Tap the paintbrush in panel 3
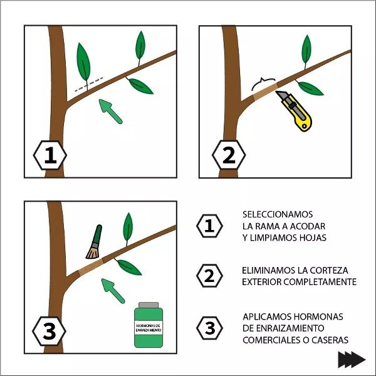point(94,242)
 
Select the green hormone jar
point(149,325)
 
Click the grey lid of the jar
point(149,305)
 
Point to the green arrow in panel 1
point(110,112)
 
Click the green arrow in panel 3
point(113,291)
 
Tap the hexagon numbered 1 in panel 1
point(50,155)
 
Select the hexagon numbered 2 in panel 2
point(229,155)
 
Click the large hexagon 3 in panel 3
point(49,331)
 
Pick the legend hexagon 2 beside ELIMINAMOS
point(209,276)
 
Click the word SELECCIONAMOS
point(278,214)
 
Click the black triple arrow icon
point(352,360)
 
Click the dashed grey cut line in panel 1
point(89,84)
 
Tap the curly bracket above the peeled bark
point(263,83)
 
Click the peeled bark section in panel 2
point(266,91)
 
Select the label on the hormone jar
point(149,328)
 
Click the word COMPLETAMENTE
point(320,282)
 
